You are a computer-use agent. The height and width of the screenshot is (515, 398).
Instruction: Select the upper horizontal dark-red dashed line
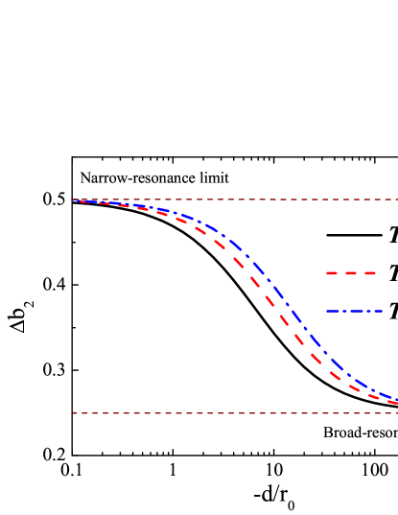(x=230, y=199)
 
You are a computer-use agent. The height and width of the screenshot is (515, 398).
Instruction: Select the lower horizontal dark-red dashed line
(x=230, y=413)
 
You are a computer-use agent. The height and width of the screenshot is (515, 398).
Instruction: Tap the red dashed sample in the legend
(x=352, y=273)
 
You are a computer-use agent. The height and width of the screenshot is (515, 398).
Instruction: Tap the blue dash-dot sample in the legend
(x=354, y=311)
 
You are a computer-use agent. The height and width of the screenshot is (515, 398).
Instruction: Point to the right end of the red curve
(x=396, y=403)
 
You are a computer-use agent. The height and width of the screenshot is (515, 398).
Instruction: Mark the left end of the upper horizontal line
(x=72, y=199)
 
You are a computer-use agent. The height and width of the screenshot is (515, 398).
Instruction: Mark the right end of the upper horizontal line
(x=396, y=199)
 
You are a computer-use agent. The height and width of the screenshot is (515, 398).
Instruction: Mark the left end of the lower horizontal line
(x=72, y=413)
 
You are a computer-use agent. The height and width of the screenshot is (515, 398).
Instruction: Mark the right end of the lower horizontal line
(x=396, y=413)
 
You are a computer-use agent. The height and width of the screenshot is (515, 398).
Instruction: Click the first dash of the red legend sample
(x=332, y=273)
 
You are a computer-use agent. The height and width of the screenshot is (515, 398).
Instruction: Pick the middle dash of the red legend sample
(x=352, y=273)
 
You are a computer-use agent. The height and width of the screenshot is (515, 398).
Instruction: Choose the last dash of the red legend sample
(x=370, y=273)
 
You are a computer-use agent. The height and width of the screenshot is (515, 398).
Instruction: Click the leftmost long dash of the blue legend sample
(x=333, y=311)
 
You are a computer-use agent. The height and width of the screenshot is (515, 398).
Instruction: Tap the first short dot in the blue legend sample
(x=343, y=311)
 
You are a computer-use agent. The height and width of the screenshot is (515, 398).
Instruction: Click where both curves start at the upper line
(x=79, y=201)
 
